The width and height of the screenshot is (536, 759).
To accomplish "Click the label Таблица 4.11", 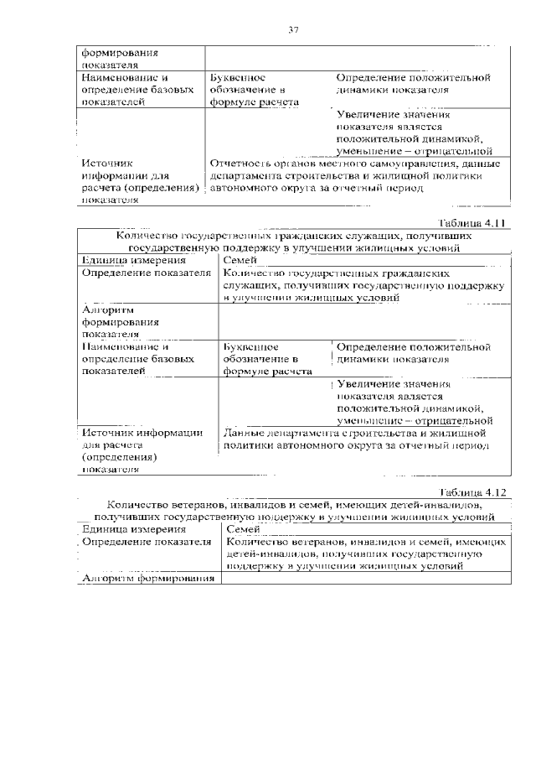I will coord(472,223).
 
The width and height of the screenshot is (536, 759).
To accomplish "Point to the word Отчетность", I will coord(245,164).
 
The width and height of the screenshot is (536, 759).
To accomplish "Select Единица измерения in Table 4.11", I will coord(127,260).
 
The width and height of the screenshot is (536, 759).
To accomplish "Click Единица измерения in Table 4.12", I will coord(128,530).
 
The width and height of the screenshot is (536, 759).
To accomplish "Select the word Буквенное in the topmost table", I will coord(240,77).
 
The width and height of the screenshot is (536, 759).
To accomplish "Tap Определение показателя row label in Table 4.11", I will coord(146,273).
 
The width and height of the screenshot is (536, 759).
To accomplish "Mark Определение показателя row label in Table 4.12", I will coord(146,543).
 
